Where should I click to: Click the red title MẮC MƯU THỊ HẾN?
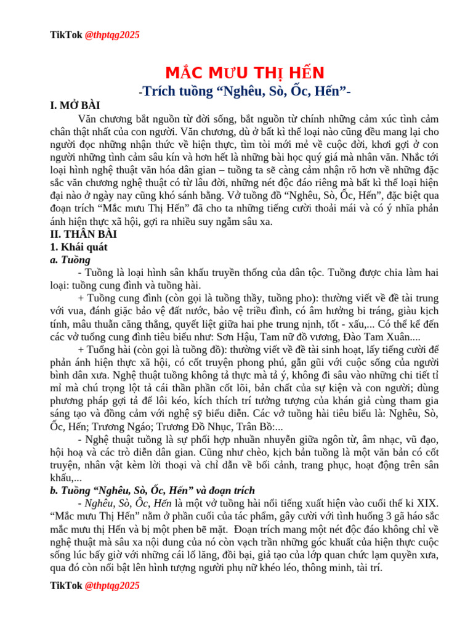tap(246, 73)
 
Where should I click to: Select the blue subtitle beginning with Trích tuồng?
tap(246, 91)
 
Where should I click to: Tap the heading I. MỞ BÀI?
tap(75, 105)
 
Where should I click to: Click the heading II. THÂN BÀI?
tap(83, 234)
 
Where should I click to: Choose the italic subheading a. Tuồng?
tap(70, 260)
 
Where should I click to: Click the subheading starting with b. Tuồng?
tap(152, 491)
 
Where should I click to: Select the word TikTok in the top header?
tap(65, 35)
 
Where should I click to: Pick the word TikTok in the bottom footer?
tap(65, 585)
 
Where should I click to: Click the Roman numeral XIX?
tap(426, 503)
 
